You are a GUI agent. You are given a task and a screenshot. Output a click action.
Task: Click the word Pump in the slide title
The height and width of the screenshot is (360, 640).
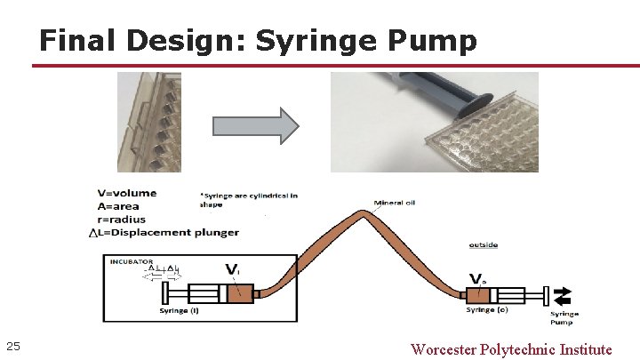point(435,41)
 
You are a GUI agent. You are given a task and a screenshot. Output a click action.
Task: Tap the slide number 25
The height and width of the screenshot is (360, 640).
point(12,346)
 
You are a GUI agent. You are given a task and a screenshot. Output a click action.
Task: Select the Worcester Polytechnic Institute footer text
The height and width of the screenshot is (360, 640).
point(511,348)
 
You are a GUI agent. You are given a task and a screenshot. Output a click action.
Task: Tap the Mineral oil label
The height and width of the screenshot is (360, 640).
point(395,202)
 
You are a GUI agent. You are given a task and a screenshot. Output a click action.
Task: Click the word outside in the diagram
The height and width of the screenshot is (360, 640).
point(484,244)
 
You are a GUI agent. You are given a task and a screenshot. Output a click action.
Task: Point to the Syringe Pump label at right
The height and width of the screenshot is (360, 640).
point(564,317)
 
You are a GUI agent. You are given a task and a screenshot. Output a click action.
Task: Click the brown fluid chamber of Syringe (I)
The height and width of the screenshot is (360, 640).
point(239,293)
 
